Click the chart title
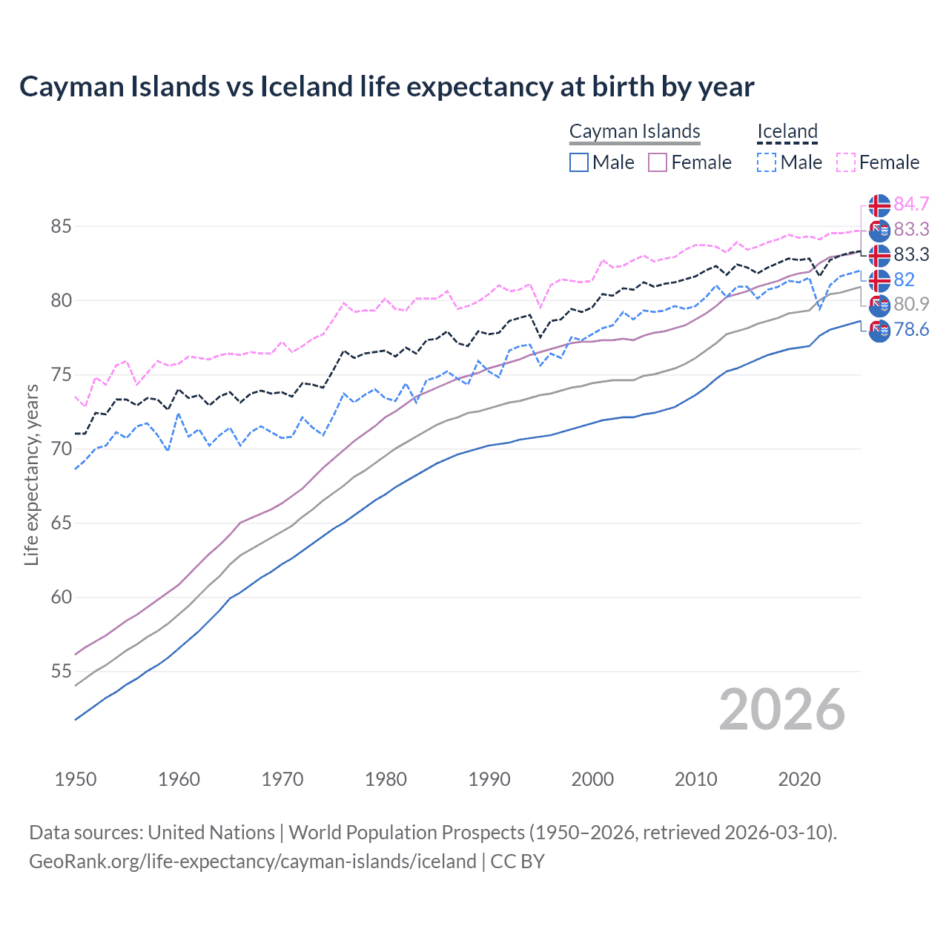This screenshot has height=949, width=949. [386, 87]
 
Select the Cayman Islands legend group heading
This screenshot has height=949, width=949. [635, 131]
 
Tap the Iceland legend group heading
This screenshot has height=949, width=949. [787, 131]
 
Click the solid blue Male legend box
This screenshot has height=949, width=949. [579, 162]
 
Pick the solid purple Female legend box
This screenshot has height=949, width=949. [658, 162]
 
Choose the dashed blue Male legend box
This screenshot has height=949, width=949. [767, 162]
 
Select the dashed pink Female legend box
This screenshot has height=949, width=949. [845, 162]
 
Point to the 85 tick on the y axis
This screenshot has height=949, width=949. [61, 226]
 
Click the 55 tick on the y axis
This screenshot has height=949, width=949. [61, 672]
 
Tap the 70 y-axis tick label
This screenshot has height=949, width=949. [61, 449]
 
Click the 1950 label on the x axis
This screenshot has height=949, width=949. [76, 779]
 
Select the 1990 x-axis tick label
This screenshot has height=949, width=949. [489, 779]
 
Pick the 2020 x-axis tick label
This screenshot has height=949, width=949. [799, 779]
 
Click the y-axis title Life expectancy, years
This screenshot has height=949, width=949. [32, 474]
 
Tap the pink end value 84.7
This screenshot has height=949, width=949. [911, 204]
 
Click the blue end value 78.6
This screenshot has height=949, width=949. [911, 329]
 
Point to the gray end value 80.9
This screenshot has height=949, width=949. [911, 304]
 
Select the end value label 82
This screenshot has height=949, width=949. [904, 280]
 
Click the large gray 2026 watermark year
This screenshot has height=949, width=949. [781, 710]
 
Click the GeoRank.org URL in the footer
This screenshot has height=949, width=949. [252, 862]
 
